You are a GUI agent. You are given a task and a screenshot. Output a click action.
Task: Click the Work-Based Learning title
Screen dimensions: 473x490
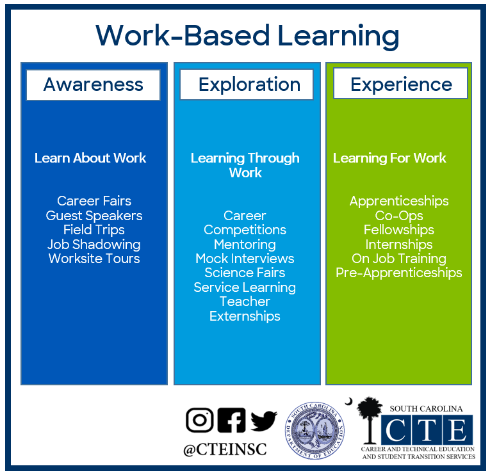(247, 35)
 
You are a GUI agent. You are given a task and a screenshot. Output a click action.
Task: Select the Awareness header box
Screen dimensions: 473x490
(93, 84)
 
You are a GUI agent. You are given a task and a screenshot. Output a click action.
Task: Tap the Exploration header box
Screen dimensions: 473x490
(247, 84)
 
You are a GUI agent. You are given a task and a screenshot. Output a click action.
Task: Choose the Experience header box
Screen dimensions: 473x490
(400, 84)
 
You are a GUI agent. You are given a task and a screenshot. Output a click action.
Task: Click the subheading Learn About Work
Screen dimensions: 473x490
(90, 158)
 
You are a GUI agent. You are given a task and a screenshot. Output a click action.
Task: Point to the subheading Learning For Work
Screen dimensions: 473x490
(389, 158)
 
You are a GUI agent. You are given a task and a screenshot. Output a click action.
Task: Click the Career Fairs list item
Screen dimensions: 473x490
(94, 201)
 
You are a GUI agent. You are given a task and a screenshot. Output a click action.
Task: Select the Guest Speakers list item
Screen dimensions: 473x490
(94, 216)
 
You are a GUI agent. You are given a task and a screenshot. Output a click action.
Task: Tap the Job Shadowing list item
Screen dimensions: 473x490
(94, 245)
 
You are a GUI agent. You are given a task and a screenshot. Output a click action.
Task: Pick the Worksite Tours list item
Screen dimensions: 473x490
(94, 259)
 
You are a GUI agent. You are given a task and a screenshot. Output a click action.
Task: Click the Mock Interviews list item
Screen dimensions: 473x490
(245, 259)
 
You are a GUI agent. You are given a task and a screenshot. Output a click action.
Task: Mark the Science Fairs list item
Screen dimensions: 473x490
(245, 273)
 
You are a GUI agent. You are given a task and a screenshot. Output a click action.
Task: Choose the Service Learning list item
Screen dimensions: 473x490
(245, 287)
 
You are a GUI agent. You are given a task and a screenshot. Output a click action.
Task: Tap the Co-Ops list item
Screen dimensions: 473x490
(398, 216)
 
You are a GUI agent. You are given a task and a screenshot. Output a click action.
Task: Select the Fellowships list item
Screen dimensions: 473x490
(398, 230)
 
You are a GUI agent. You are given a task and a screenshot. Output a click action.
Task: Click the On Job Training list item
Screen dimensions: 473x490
(398, 259)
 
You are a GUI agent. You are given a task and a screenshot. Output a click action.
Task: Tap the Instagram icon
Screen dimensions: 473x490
(200, 420)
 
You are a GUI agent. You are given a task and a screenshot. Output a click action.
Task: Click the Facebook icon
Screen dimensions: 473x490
(231, 420)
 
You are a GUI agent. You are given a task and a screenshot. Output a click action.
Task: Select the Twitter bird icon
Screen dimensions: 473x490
(263, 421)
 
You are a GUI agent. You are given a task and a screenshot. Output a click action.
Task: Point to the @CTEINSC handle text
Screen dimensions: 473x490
(225, 450)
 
